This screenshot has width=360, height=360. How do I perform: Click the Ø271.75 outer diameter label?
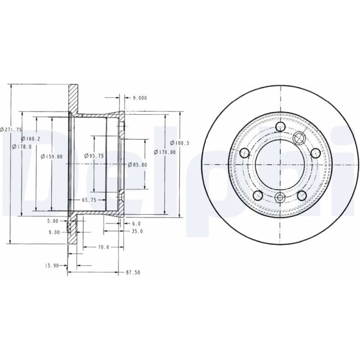pos(11,130)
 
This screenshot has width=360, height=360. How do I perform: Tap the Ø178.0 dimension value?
pos(22,147)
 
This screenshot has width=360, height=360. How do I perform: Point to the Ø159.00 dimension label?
pos(51,157)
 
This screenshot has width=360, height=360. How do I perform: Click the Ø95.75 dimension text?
pos(94,156)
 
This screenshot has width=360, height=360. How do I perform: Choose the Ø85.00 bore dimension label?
pos(137,165)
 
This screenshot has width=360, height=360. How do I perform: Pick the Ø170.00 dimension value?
pos(165,152)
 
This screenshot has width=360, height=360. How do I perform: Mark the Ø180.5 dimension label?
pos(180,143)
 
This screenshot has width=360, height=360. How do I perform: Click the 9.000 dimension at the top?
pos(140,98)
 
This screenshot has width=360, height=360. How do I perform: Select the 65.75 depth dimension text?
pos(89,200)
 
